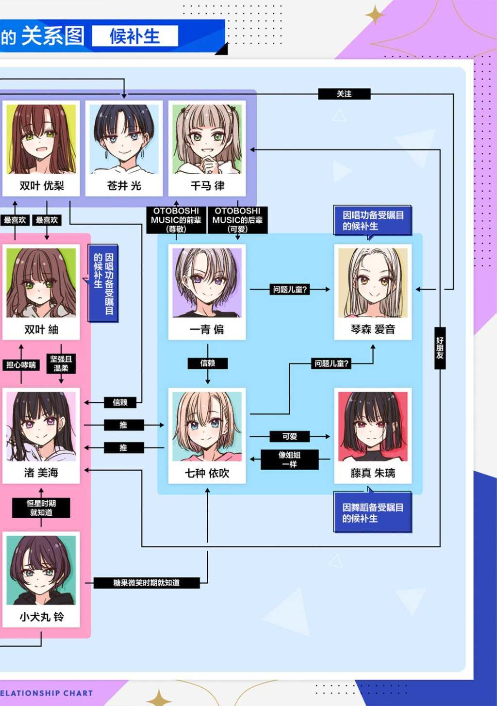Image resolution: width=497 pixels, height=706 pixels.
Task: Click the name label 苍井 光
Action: coord(124,186)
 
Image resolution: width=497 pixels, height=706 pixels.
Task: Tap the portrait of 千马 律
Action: coord(207,139)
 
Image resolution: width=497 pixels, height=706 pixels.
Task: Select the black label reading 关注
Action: coord(344,94)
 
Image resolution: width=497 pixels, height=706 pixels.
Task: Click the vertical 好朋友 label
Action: coord(440,348)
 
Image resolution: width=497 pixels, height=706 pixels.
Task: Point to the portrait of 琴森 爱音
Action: coord(373,283)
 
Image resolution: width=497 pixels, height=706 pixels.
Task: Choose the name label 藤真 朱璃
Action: coord(373,473)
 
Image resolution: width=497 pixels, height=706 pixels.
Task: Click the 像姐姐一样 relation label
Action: coord(289,460)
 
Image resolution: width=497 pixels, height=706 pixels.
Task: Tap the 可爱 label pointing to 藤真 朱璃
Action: coord(289,437)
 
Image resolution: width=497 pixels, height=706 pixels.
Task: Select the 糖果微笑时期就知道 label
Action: coord(147,583)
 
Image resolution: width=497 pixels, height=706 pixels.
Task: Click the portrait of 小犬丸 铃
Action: coord(41,570)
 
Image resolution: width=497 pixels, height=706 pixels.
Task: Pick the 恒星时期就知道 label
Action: coord(41,508)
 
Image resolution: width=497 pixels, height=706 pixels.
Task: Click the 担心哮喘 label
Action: coord(21,365)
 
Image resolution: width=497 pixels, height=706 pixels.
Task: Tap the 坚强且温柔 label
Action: coord(61,363)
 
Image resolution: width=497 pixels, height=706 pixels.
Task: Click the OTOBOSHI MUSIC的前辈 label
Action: coord(176,220)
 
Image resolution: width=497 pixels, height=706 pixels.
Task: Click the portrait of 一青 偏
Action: coord(207,283)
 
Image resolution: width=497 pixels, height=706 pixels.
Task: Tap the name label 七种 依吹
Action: coord(207,473)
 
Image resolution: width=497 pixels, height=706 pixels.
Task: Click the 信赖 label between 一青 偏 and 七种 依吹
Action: coord(208,363)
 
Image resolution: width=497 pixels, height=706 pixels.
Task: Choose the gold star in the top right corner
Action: coord(375,15)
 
